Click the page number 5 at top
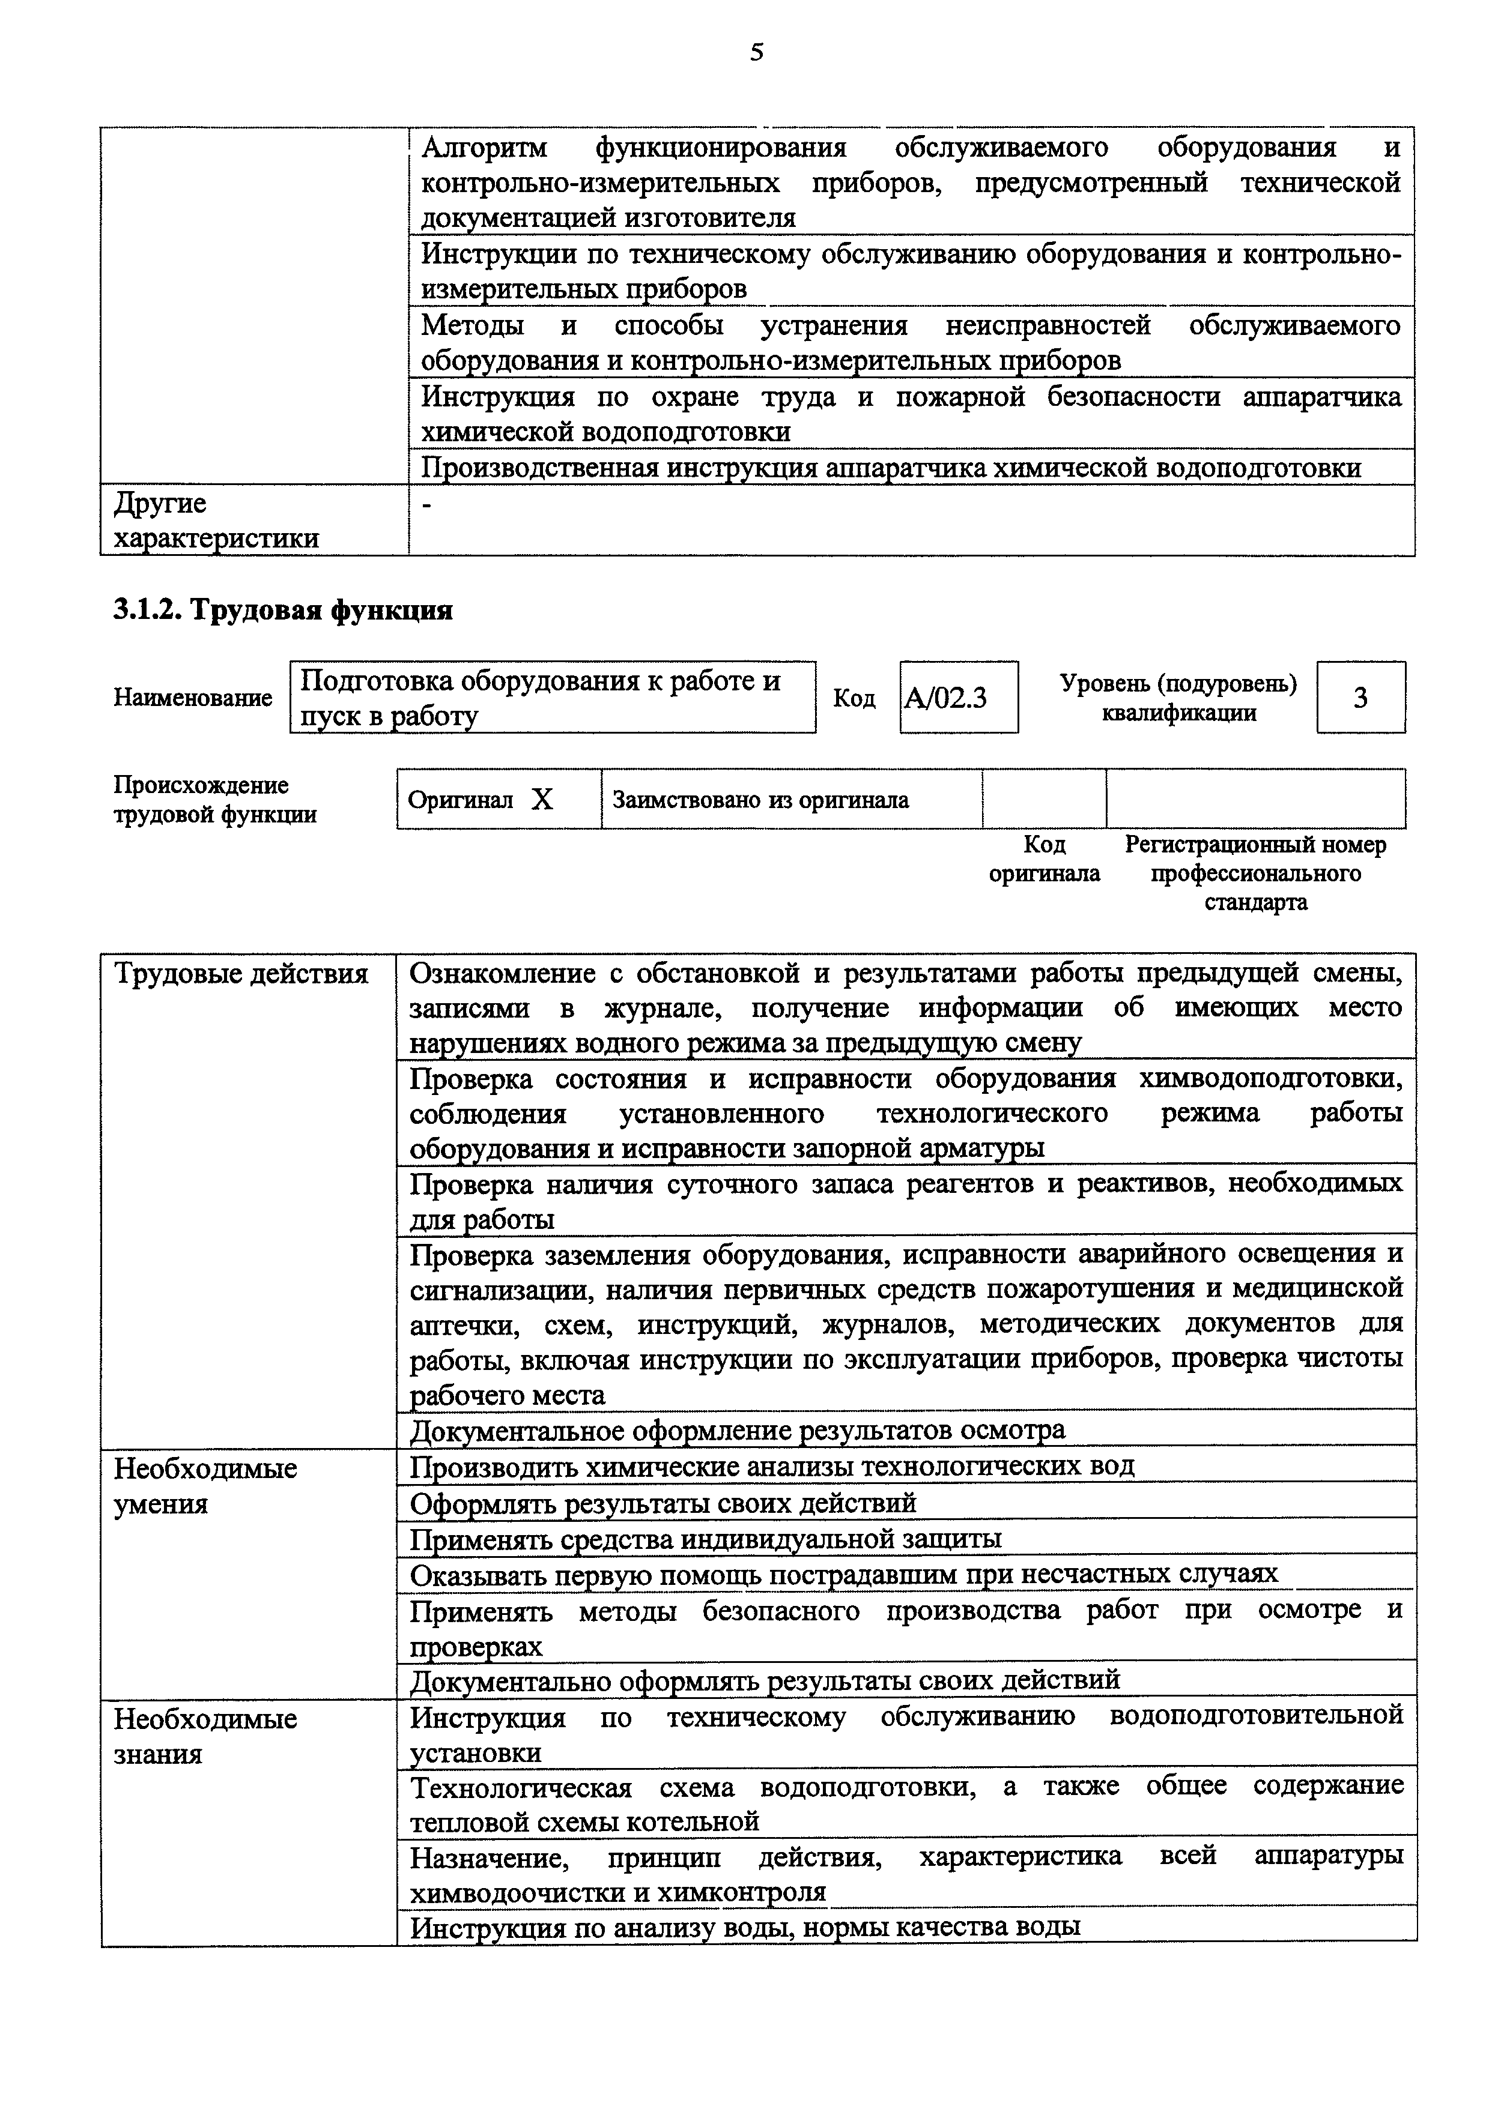756,52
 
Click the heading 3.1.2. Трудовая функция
282,610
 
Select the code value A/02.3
946,699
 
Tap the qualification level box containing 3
1360,698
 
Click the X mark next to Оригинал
542,800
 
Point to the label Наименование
193,698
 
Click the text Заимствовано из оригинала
760,800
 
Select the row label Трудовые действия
240,973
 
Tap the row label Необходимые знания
205,1736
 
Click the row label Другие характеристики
214,520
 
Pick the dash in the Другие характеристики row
426,504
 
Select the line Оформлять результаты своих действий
663,1503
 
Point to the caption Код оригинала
1043,858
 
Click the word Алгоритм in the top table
484,148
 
